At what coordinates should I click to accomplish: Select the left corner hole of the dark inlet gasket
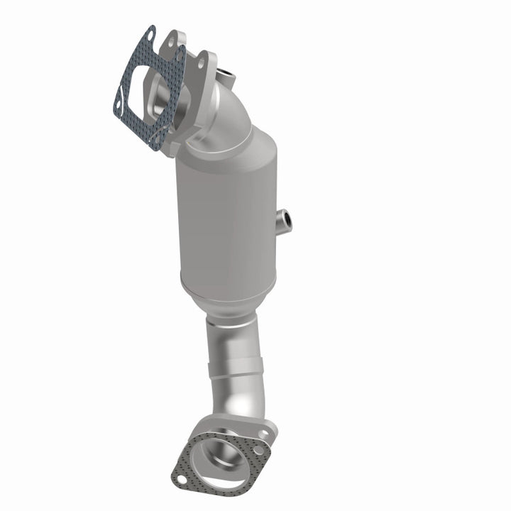click(x=118, y=104)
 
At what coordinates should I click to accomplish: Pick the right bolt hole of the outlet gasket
click(x=258, y=450)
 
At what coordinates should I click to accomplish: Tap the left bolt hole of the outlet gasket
click(x=182, y=480)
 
